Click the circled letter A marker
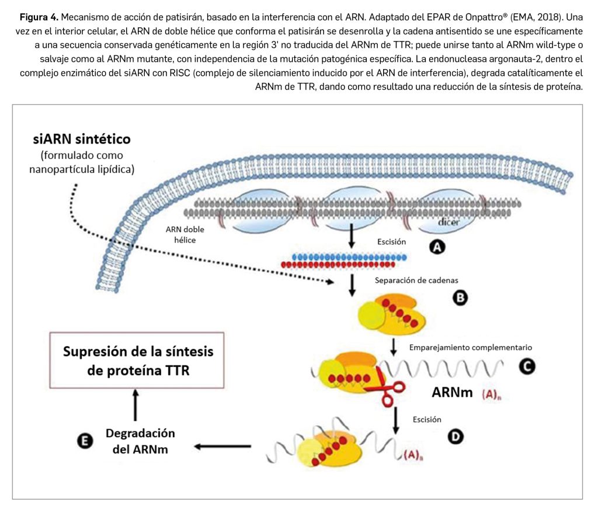pos(435,248)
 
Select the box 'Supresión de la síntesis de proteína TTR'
pos(138,361)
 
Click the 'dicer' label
pos(449,223)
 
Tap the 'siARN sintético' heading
pos(82,139)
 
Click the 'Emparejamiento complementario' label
pos(471,347)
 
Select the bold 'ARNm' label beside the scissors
pos(452,392)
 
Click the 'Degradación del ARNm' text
pos(140,441)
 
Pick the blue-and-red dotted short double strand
pos(349,261)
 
